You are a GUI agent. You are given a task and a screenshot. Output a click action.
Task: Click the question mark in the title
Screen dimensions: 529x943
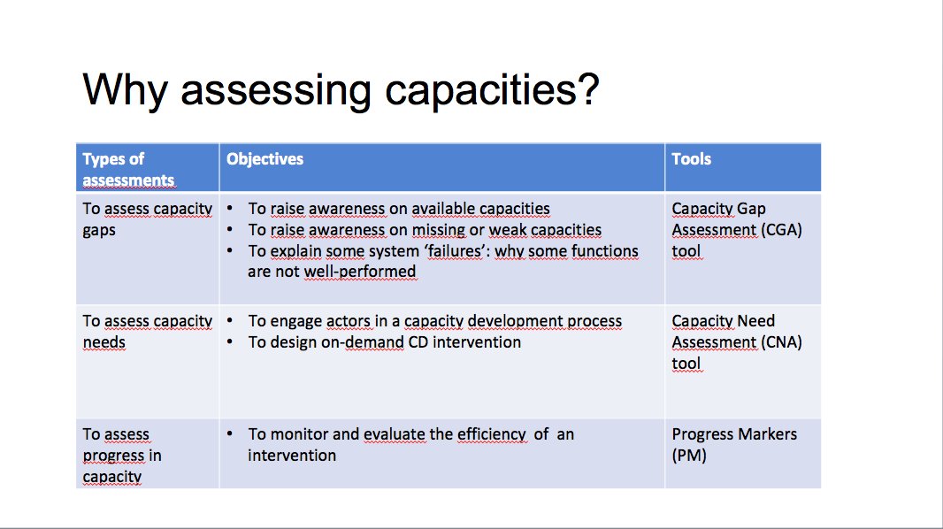tap(586, 89)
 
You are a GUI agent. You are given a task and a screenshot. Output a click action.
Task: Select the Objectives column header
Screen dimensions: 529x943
tap(264, 159)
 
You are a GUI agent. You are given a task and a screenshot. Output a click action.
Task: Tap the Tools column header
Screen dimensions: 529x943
tap(692, 159)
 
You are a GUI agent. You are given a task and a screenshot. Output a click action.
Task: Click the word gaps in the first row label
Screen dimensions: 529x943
tap(102, 230)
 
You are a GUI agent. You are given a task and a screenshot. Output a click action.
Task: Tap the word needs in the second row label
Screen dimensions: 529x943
tap(104, 342)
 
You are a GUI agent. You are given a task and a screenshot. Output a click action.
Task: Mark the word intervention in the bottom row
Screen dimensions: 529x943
tap(292, 456)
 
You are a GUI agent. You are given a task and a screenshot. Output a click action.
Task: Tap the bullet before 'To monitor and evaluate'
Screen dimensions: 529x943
tap(230, 434)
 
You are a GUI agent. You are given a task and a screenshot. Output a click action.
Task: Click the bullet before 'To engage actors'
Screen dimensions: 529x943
tap(230, 321)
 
